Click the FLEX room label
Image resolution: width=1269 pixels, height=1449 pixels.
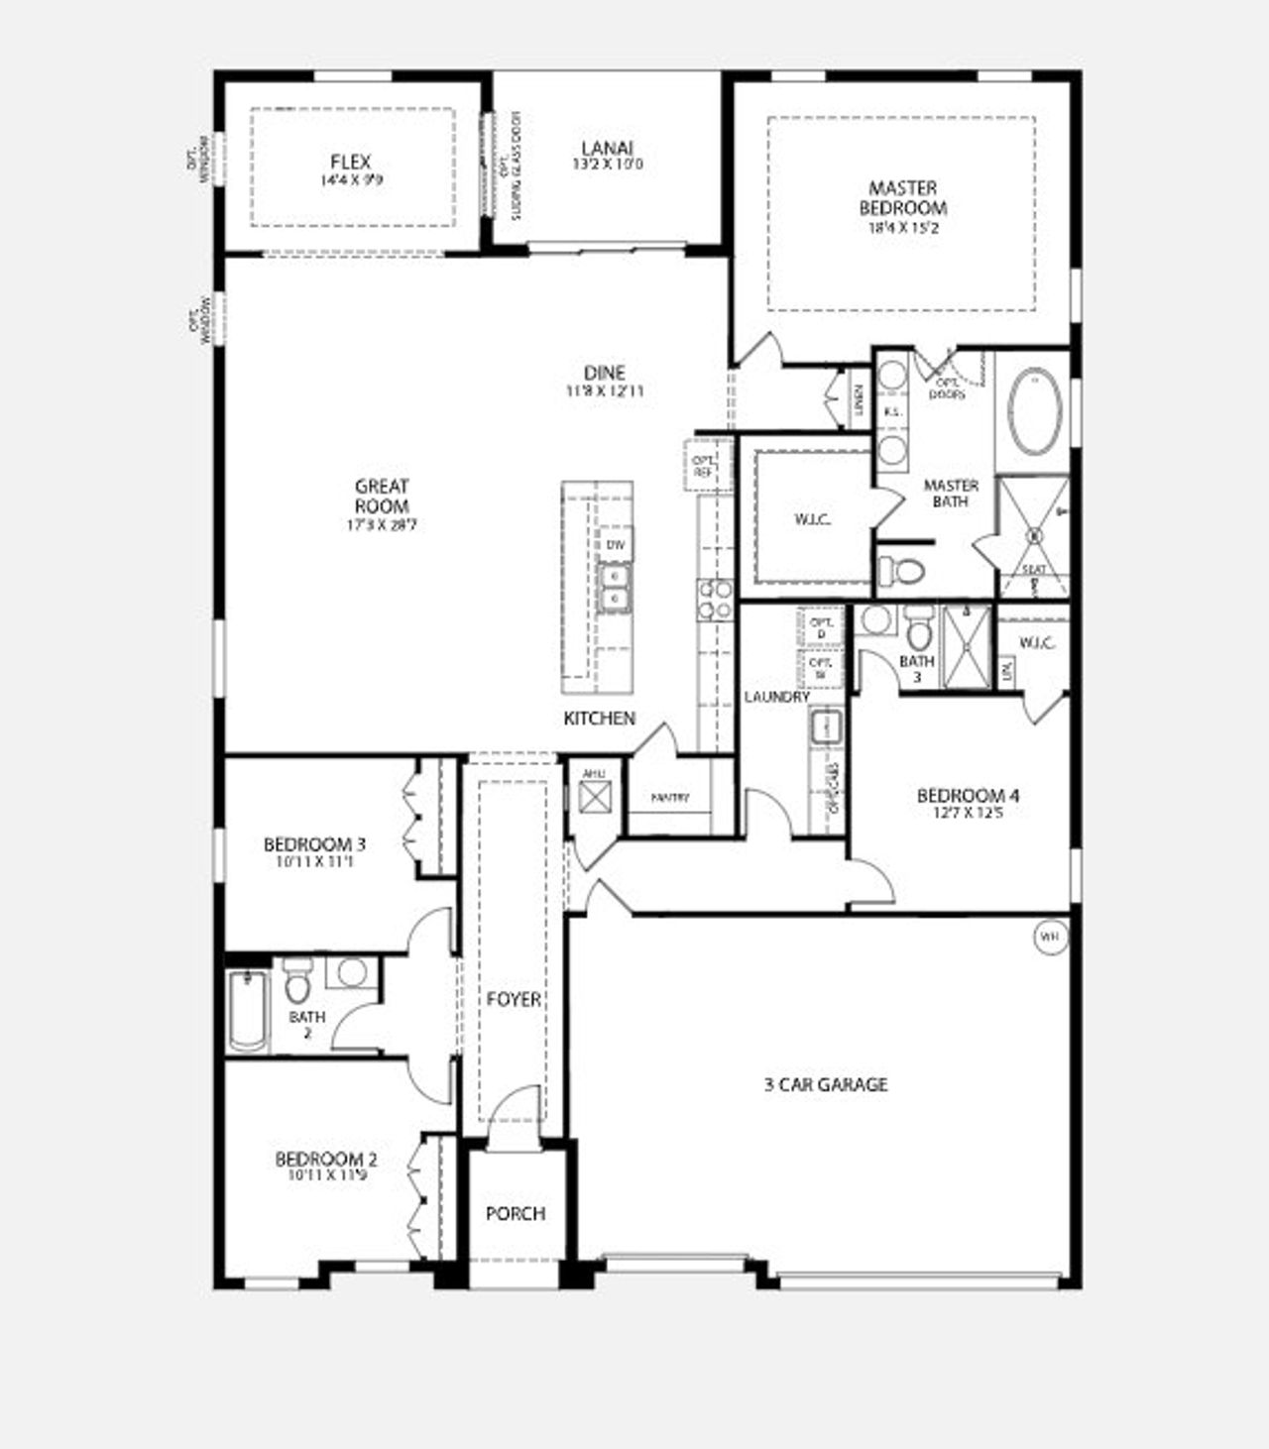pyautogui.click(x=351, y=163)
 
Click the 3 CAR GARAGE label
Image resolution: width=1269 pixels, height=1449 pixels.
pyautogui.click(x=825, y=1085)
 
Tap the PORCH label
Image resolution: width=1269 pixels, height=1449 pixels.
pyautogui.click(x=515, y=1213)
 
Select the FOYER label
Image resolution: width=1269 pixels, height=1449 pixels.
pyautogui.click(x=514, y=999)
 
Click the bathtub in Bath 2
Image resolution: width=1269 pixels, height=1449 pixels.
pyautogui.click(x=247, y=1011)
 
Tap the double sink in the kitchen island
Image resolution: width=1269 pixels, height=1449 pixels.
pyautogui.click(x=615, y=588)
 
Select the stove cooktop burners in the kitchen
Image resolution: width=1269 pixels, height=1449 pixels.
pyautogui.click(x=713, y=599)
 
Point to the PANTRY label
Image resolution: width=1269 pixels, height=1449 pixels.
pyautogui.click(x=670, y=798)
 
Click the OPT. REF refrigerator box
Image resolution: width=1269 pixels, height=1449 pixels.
pyautogui.click(x=704, y=466)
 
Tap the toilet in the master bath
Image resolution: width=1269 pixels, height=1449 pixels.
pyautogui.click(x=901, y=571)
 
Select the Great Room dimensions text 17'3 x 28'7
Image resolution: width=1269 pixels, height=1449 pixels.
pyautogui.click(x=381, y=524)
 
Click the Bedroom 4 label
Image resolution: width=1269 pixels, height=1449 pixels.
pyautogui.click(x=968, y=796)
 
